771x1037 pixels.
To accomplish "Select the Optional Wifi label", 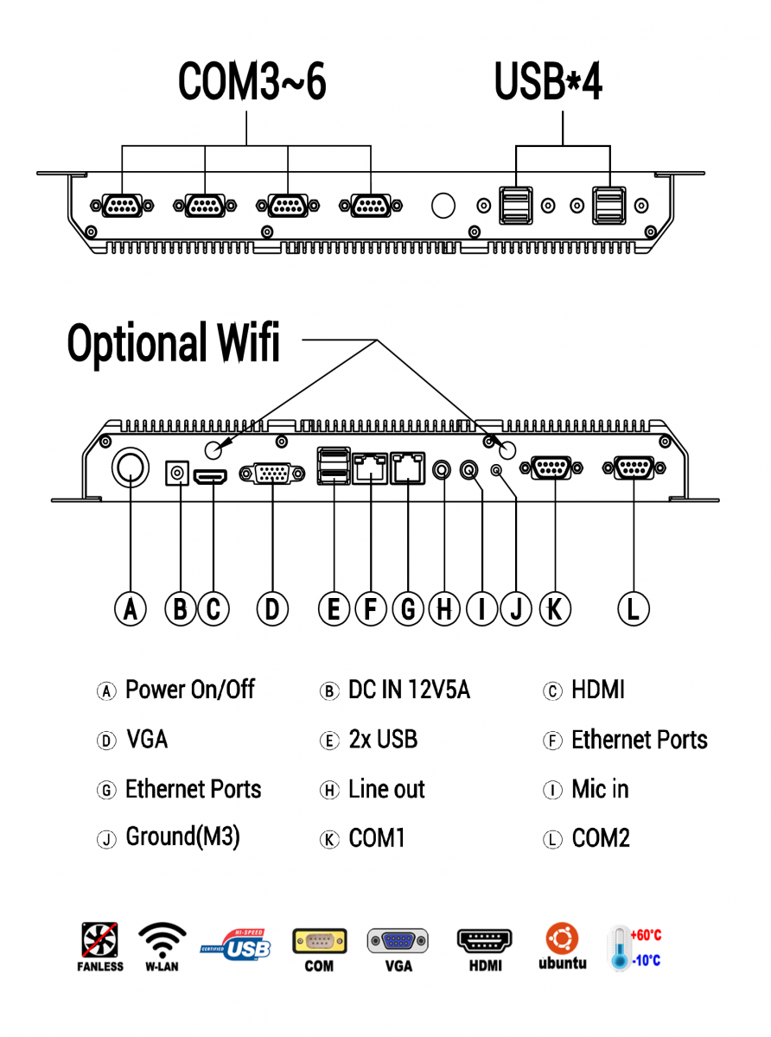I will [x=174, y=343].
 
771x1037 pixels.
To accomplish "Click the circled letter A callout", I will [x=130, y=609].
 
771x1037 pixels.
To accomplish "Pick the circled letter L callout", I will [x=633, y=609].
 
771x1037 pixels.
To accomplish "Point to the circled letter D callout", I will [x=271, y=609].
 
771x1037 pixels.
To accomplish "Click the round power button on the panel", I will [x=130, y=468].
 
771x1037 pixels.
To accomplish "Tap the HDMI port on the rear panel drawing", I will [x=211, y=476].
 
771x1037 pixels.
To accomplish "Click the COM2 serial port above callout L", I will [x=634, y=468].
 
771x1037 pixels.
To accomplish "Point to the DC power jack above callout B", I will [x=178, y=474].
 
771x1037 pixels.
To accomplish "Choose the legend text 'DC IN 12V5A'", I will [x=409, y=690].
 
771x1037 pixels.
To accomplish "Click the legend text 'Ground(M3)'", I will [x=183, y=837].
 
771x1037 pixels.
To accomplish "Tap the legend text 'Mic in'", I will [x=600, y=790].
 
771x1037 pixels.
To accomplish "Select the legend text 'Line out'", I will [x=386, y=790].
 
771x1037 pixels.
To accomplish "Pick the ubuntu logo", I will [x=562, y=946].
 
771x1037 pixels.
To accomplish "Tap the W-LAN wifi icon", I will [x=162, y=946].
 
